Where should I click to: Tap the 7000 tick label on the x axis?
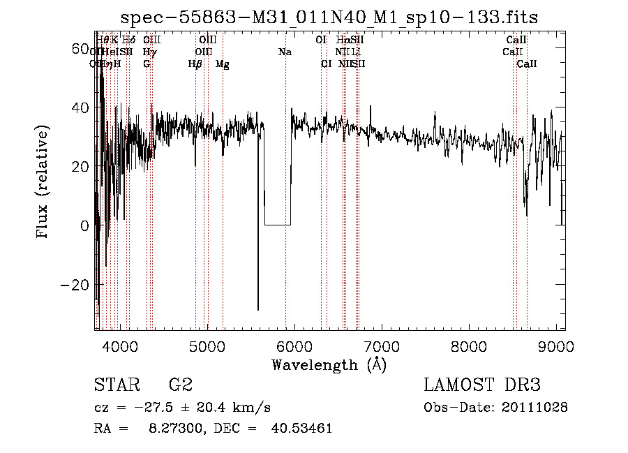pyautogui.click(x=381, y=345)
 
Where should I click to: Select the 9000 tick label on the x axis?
pyautogui.click(x=556, y=345)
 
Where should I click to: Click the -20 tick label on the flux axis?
pyautogui.click(x=75, y=285)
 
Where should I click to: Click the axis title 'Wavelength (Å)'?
pyautogui.click(x=329, y=364)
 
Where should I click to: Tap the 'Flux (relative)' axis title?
pyautogui.click(x=44, y=182)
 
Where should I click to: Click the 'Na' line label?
pyautogui.click(x=285, y=52)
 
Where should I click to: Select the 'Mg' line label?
pyautogui.click(x=223, y=64)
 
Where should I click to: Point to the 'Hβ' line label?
pyautogui.click(x=195, y=64)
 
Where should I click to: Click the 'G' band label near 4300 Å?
pyautogui.click(x=147, y=64)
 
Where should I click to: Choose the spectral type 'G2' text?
pyautogui.click(x=181, y=385)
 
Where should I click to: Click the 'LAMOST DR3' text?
pyautogui.click(x=482, y=385)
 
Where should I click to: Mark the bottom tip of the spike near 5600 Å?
pyautogui.click(x=258, y=310)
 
